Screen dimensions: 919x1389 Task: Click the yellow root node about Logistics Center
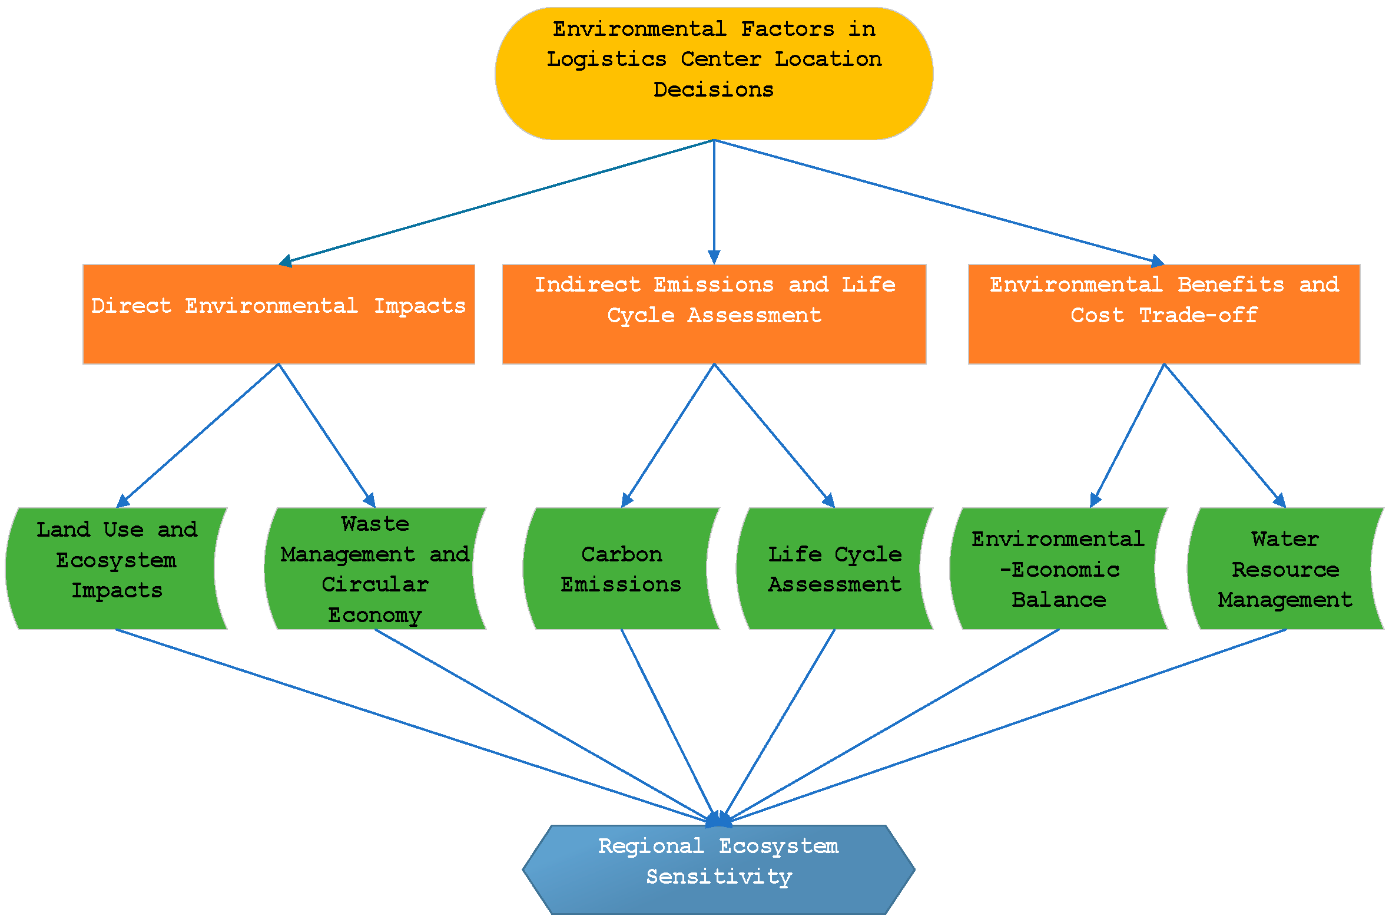tap(714, 73)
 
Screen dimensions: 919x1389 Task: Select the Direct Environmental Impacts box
tap(279, 314)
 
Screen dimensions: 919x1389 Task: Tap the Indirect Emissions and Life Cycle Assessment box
tap(714, 314)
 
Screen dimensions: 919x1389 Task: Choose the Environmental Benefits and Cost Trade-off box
tap(1163, 314)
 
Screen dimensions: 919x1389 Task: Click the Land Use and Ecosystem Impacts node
tap(116, 568)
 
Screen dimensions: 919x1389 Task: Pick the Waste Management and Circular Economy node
tap(375, 568)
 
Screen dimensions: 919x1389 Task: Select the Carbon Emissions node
tap(621, 568)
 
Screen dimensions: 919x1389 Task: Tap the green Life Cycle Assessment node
tap(834, 568)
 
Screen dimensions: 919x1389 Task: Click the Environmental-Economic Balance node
tap(1058, 568)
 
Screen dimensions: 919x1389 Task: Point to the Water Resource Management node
tap(1285, 568)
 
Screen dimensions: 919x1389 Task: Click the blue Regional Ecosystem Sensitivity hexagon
tap(718, 870)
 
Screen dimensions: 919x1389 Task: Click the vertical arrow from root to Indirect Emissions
tap(714, 200)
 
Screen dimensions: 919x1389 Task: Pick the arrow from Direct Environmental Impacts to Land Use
tap(198, 436)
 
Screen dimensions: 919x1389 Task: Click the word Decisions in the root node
tap(713, 90)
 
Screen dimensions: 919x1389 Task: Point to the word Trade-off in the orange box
tap(1198, 315)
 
